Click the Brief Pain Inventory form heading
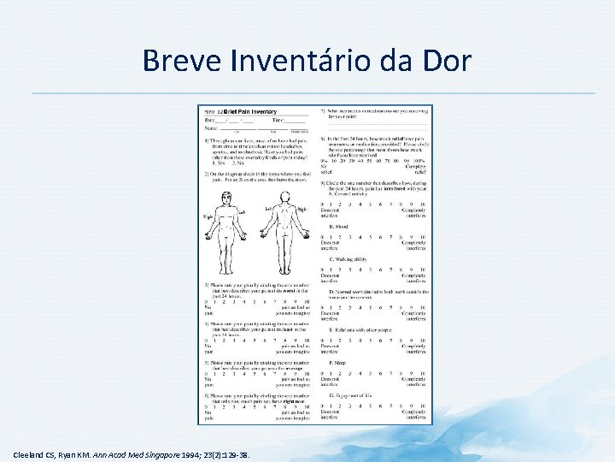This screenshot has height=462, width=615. (250, 112)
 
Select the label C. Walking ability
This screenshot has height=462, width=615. (348, 258)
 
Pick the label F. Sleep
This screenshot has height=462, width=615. (337, 362)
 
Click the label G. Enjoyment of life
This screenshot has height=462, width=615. (352, 395)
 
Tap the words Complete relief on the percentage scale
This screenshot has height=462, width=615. (415, 168)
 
